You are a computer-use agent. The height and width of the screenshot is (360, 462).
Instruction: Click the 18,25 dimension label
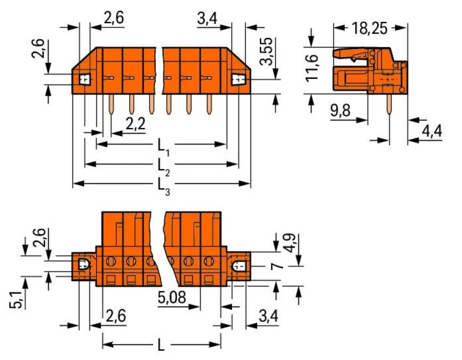pos(370,28)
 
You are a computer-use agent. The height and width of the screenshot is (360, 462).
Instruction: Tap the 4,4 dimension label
pos(432,131)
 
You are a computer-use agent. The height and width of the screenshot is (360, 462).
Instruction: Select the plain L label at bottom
pos(161,346)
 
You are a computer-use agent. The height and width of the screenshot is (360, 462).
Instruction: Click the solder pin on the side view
pos(389,105)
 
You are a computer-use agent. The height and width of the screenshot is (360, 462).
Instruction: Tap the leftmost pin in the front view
pos(110,105)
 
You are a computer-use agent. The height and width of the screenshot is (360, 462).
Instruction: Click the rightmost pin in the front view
pos(208,105)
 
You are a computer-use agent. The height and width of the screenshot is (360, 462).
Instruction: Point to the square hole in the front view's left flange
pos(84,80)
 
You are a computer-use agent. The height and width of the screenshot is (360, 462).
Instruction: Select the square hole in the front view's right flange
pos(237,80)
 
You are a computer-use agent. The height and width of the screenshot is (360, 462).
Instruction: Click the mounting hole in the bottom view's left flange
pos(83,263)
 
